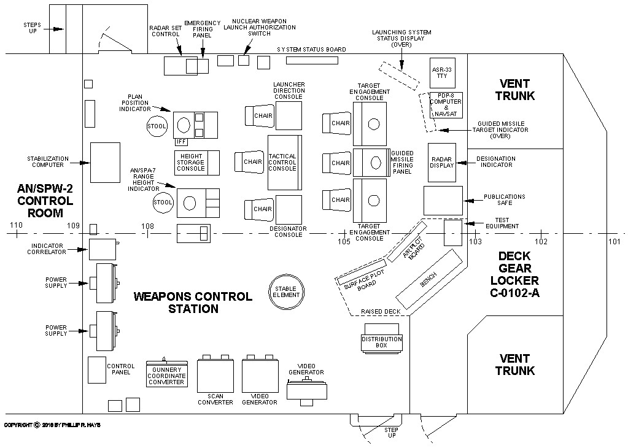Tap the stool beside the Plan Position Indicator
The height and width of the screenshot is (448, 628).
click(157, 126)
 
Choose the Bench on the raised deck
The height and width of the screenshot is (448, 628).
click(428, 279)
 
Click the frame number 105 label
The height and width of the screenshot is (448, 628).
click(344, 242)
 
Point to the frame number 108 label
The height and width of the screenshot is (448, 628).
click(147, 226)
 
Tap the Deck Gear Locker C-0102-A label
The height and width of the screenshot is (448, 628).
click(514, 274)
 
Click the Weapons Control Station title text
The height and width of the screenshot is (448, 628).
click(193, 303)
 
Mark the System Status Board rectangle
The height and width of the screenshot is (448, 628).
click(312, 61)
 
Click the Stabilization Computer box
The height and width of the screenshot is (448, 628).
click(106, 163)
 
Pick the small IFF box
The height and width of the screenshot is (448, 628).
click(180, 142)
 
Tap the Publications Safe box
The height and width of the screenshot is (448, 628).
click(443, 201)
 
